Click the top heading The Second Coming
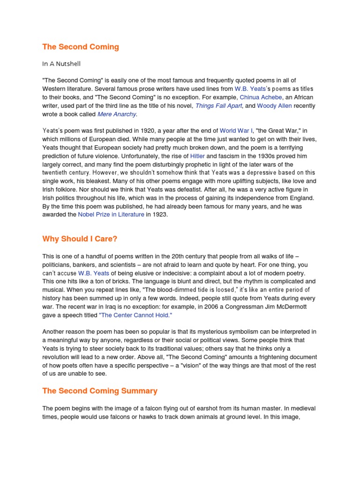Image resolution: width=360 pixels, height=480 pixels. click(x=81, y=47)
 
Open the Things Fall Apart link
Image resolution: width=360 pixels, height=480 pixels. click(x=219, y=106)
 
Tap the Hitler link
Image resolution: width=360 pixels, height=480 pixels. click(x=196, y=156)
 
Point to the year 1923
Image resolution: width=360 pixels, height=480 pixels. click(x=159, y=215)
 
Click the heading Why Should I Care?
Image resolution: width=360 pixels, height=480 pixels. click(x=80, y=239)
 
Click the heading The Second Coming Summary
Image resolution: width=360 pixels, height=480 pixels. click(x=100, y=391)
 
